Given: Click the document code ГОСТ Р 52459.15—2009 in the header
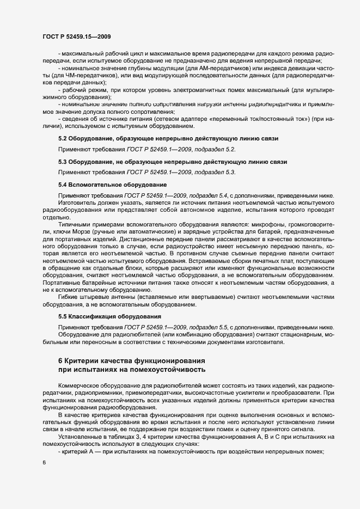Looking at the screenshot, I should (77, 36).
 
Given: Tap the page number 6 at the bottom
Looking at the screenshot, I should (44, 462).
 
